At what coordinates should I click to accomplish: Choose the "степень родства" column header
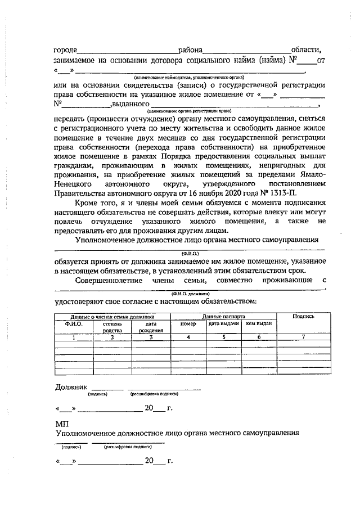[x=112, y=327]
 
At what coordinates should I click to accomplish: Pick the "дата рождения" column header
[x=150, y=327]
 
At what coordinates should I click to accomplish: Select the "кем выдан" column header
[x=259, y=324]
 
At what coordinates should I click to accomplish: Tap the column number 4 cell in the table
[x=188, y=337]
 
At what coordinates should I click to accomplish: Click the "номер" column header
[x=187, y=324]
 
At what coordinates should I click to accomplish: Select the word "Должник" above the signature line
[x=71, y=388]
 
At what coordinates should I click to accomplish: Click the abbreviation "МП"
[x=61, y=423]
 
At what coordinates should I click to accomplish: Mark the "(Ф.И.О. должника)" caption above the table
[x=191, y=294]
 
